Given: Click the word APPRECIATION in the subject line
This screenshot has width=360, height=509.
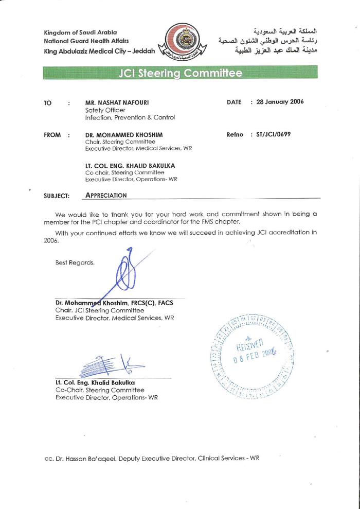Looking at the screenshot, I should [x=106, y=195].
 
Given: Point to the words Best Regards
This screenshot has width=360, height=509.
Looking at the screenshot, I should [x=75, y=262].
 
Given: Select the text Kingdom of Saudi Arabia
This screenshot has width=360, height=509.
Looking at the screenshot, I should [x=80, y=32].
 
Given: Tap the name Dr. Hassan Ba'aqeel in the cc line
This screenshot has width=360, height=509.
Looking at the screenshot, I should [x=92, y=458].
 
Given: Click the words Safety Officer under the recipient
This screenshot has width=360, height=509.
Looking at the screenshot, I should [x=105, y=110].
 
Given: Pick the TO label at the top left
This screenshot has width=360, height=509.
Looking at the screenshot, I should [x=48, y=103].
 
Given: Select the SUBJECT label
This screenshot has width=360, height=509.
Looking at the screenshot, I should [x=57, y=196].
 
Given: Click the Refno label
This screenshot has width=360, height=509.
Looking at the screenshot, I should [x=235, y=134].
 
